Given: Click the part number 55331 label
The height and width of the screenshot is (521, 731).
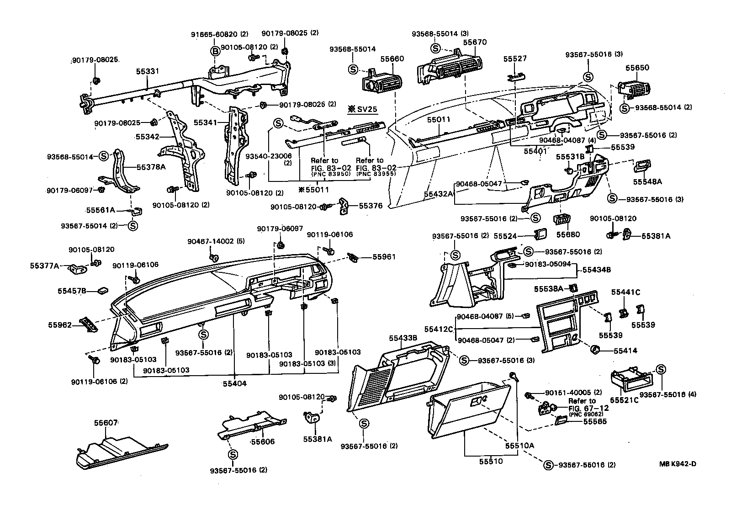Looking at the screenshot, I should pyautogui.click(x=147, y=71).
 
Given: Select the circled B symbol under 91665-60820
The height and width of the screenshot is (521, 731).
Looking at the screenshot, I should pyautogui.click(x=215, y=51).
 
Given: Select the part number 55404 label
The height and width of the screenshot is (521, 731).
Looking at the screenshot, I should pyautogui.click(x=235, y=383).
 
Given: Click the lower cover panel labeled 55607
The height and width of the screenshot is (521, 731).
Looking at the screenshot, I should pyautogui.click(x=119, y=452).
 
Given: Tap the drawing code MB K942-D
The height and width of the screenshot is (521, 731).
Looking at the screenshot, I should pyautogui.click(x=677, y=464).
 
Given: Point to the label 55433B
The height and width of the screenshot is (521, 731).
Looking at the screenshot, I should pyautogui.click(x=403, y=338).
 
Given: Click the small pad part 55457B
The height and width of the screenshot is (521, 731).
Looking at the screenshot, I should pyautogui.click(x=102, y=291).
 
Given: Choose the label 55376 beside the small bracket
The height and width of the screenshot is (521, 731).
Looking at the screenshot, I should pyautogui.click(x=371, y=206).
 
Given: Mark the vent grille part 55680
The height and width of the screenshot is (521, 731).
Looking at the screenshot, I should pyautogui.click(x=561, y=220).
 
